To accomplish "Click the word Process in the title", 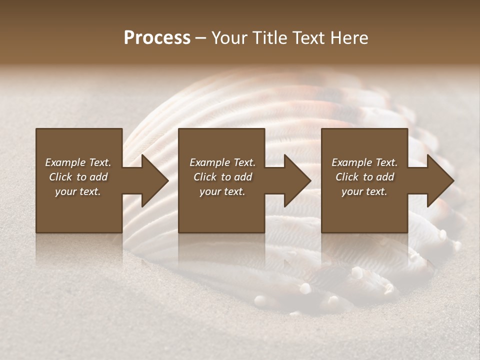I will point(157,38).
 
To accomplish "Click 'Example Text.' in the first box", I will point(78,162).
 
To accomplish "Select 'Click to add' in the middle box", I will point(222,177).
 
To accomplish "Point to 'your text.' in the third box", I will point(364,191).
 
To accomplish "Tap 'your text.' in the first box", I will point(78,191).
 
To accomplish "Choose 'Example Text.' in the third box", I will point(364,162).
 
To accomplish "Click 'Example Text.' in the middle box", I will point(222,162).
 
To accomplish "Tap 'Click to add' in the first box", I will point(78,177).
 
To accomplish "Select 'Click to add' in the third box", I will point(364,177).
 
